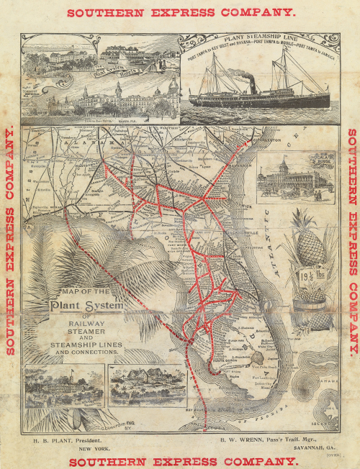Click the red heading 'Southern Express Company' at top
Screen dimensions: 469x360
pos(180,12)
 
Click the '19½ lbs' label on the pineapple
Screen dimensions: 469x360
pos(311,276)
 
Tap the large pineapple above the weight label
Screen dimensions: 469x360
pos(310,238)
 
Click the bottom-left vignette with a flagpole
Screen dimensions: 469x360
pos(61,388)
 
